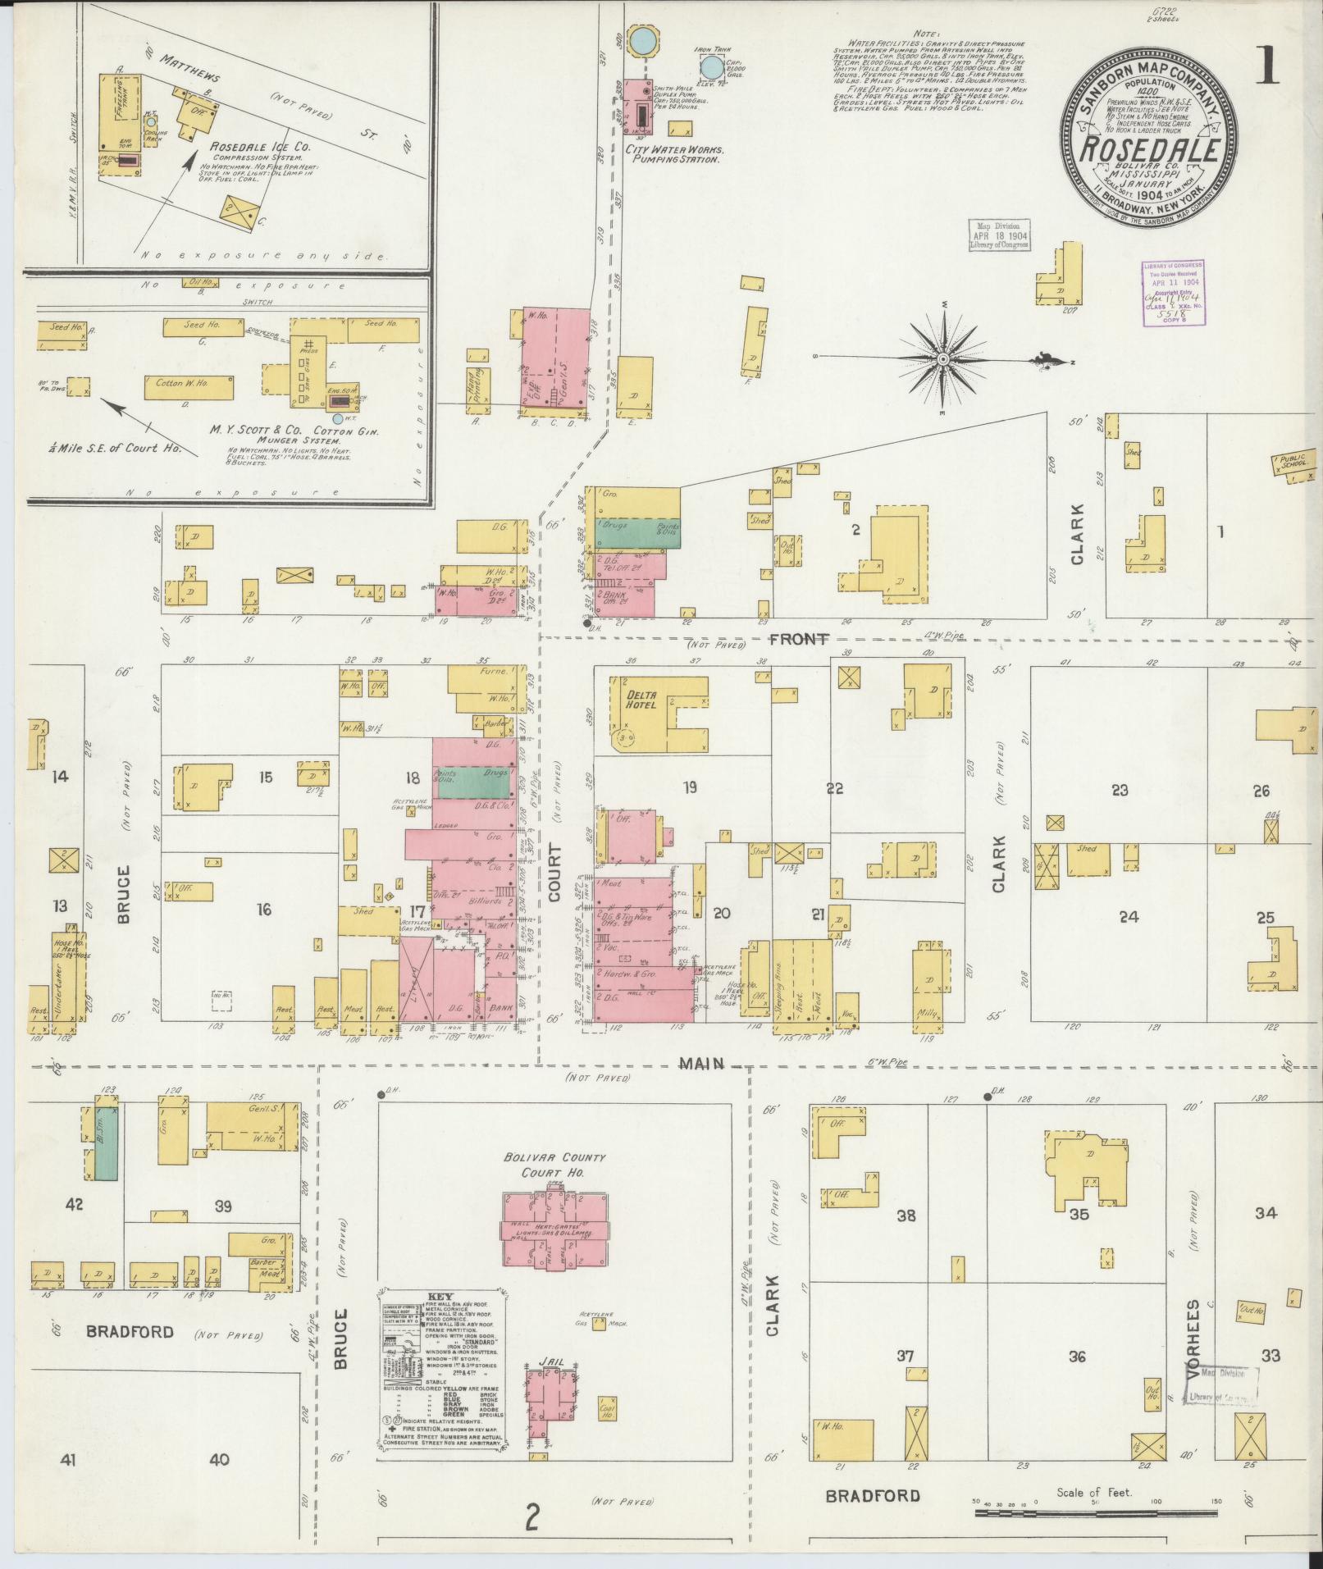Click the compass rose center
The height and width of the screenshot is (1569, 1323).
coord(943,359)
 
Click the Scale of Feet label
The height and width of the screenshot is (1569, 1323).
coord(1094,1492)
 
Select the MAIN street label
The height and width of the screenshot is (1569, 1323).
coord(702,1064)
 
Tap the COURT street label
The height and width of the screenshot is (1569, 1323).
coord(554,873)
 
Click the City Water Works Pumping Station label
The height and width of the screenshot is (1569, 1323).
coord(673,155)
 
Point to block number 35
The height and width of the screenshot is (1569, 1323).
coord(1079,1215)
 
